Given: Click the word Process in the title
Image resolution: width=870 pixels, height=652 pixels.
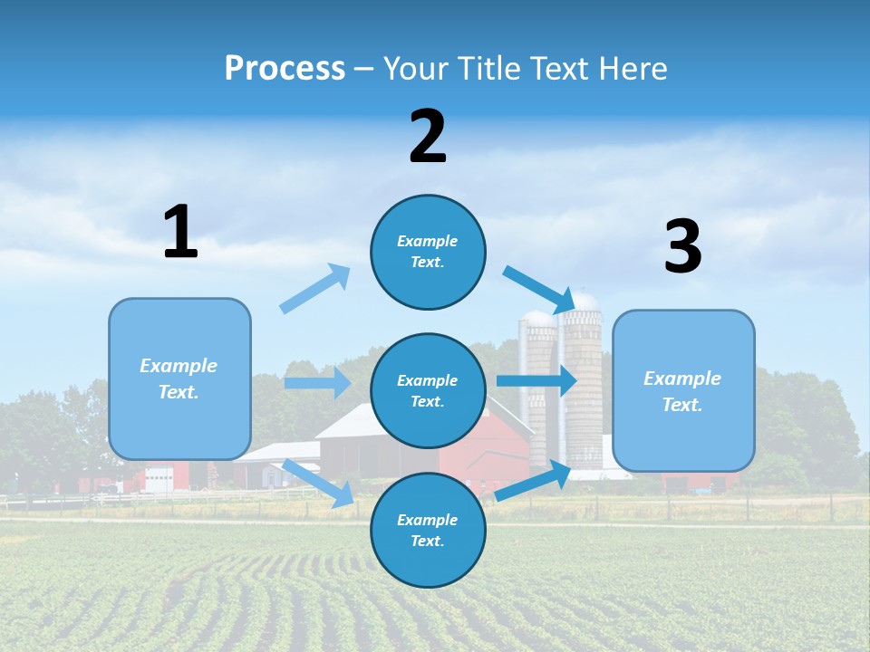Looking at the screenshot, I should tap(285, 68).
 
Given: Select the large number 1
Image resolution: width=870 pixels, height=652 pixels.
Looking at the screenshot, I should tap(180, 233).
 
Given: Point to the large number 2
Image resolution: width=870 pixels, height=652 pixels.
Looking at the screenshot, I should tap(428, 138).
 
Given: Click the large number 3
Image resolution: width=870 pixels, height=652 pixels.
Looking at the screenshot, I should tap(682, 247).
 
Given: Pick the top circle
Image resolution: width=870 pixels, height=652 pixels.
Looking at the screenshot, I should tap(428, 252).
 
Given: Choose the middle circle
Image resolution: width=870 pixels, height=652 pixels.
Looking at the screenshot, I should tap(428, 390).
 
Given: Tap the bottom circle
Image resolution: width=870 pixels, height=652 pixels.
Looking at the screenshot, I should tap(428, 530).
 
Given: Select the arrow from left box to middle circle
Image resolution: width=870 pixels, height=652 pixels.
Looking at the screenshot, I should tap(317, 383).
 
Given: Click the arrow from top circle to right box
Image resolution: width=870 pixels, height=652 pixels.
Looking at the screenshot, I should tap(539, 288).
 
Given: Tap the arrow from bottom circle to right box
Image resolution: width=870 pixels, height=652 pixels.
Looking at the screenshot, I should tap(533, 480).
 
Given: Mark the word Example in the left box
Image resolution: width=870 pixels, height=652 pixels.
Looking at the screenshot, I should tap(179, 366).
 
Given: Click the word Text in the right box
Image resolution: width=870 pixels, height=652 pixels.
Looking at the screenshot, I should tap(681, 405).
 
